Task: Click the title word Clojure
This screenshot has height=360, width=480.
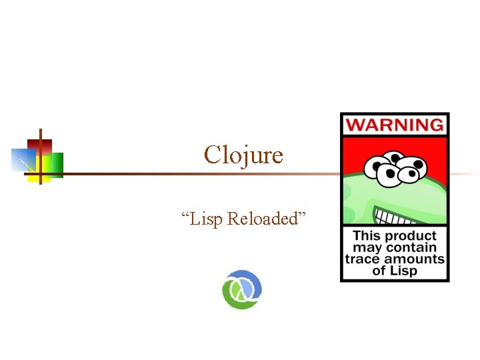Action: pyautogui.click(x=243, y=155)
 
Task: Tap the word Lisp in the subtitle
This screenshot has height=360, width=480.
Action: pyautogui.click(x=206, y=219)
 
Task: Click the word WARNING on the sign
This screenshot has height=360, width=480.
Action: pyautogui.click(x=395, y=125)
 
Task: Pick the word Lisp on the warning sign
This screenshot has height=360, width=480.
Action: pyautogui.click(x=405, y=271)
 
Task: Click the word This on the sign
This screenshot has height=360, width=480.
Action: pyautogui.click(x=367, y=235)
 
